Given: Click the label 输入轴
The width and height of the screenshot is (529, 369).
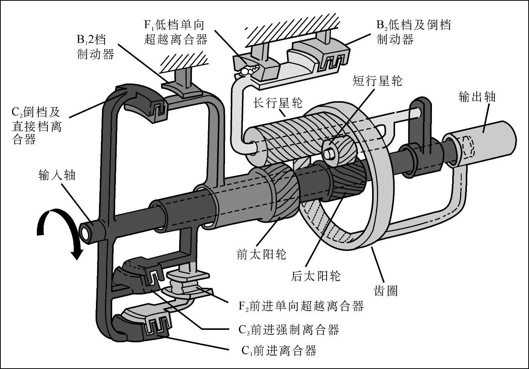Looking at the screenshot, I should [x=57, y=175].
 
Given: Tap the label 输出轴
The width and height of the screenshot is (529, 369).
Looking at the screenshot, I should [x=477, y=97].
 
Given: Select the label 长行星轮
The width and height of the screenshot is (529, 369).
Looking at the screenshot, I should [x=278, y=103].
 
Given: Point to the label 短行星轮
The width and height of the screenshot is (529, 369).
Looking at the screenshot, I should [x=377, y=80].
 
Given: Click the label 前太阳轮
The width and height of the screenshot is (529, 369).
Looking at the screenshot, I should [x=261, y=255].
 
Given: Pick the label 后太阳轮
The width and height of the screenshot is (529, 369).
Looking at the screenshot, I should [x=316, y=276].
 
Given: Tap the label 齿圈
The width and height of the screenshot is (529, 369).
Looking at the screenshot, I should [x=386, y=290].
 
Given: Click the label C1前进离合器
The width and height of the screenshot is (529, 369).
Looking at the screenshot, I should [x=279, y=351].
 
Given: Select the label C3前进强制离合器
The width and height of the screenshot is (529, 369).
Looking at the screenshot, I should [x=289, y=330].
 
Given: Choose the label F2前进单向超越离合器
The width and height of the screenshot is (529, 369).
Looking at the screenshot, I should [x=301, y=306].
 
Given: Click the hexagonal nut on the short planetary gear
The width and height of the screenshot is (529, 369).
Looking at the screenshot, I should [x=330, y=153].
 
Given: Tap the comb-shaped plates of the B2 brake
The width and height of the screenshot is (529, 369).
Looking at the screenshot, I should [x=333, y=60].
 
